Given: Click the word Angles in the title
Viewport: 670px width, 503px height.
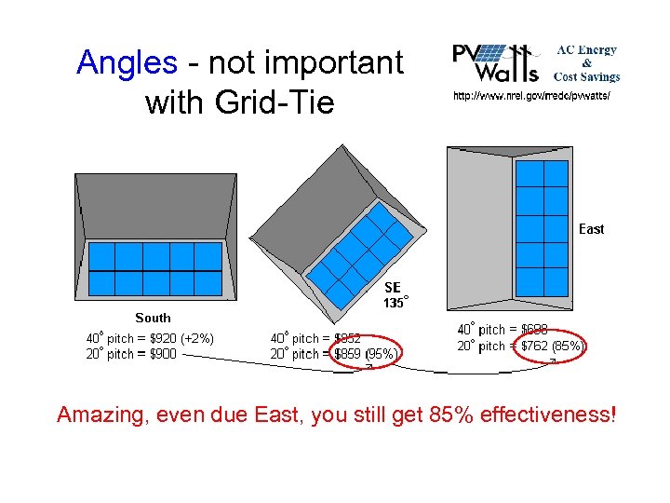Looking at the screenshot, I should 127,63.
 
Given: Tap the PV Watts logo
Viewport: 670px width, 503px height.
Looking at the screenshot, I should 496,62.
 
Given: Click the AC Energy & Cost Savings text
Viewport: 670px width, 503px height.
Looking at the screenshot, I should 586,62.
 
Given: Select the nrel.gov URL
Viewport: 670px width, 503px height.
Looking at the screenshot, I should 531,96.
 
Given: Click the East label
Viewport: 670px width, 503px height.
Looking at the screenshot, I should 591,229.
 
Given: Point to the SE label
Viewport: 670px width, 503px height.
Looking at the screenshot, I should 393,288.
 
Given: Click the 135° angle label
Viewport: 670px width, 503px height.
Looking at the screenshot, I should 395,303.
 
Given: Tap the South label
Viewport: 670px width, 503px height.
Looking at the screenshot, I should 153,318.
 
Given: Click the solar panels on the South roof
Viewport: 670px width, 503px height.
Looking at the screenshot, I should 154,268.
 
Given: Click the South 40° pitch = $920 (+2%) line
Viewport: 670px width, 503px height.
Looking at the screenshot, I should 150,338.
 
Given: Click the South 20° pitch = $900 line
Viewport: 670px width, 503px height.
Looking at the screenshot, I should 131,354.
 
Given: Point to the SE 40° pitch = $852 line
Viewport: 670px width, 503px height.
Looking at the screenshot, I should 315,338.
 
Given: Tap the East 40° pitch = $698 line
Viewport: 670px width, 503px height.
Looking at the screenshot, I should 502,329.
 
